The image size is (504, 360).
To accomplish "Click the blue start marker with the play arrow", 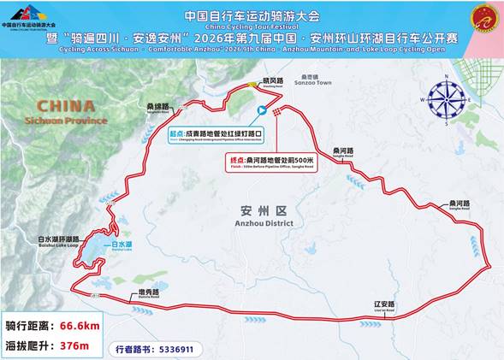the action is coord(262,109).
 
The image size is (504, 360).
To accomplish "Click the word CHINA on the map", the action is coord(59,105).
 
